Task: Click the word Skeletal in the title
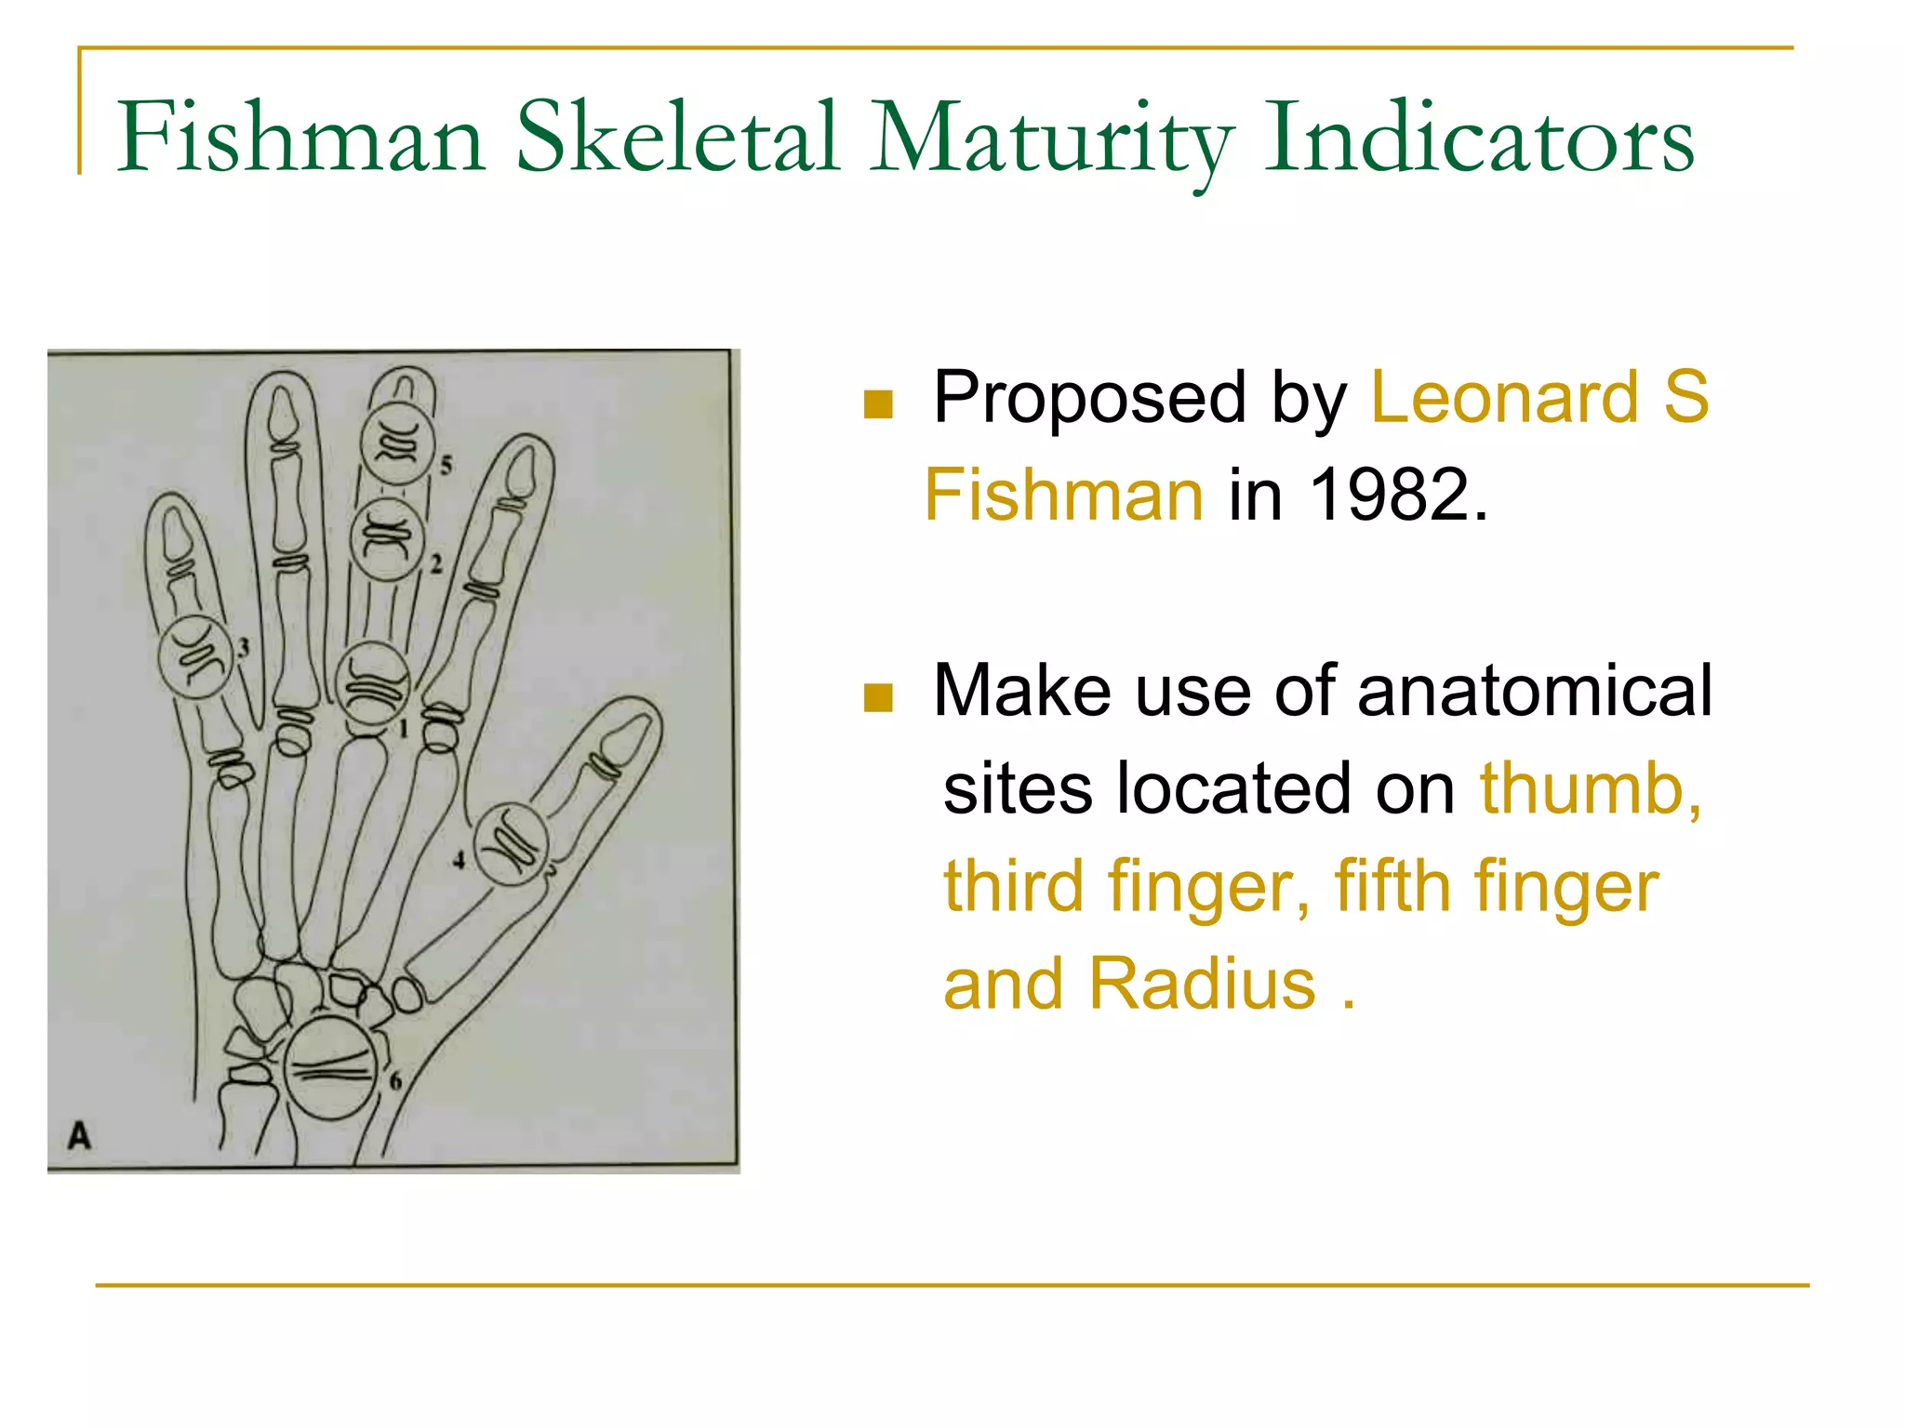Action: (x=677, y=139)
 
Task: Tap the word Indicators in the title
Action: (x=1479, y=139)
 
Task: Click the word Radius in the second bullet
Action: (x=1202, y=984)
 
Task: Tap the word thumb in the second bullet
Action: (x=1589, y=788)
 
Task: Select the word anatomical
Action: (x=1535, y=691)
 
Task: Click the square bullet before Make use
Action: (x=878, y=697)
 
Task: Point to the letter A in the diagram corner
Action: (x=80, y=1135)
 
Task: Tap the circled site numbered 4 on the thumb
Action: (x=511, y=844)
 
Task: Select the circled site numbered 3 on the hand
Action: (x=195, y=657)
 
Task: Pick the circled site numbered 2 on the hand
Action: (x=386, y=539)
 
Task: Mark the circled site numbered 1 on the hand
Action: (x=372, y=683)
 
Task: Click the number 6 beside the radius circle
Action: (x=395, y=1081)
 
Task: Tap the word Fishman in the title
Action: (x=300, y=139)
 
